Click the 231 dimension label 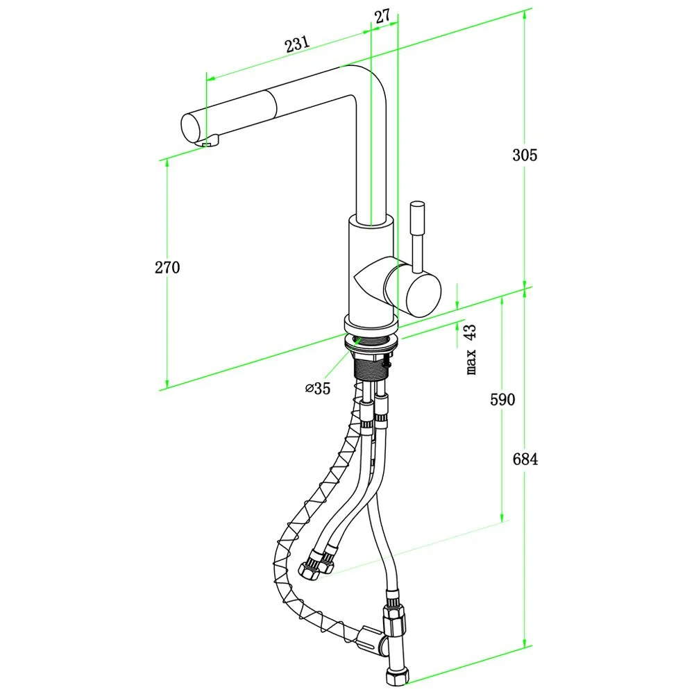coord(296,44)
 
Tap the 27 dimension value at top coord(382,17)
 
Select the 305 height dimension coord(525,155)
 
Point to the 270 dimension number coord(167,267)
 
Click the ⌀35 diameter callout coord(318,389)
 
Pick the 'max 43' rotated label coord(471,349)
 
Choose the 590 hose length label coord(502,400)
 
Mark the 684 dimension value coord(525,459)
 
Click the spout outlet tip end coord(190,128)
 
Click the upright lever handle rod coord(418,236)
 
